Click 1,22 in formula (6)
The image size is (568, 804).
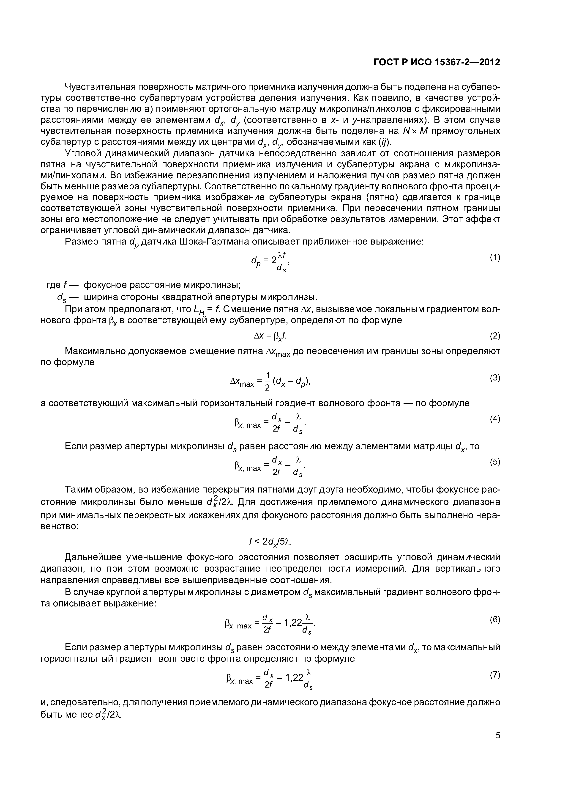pos(293,622)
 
